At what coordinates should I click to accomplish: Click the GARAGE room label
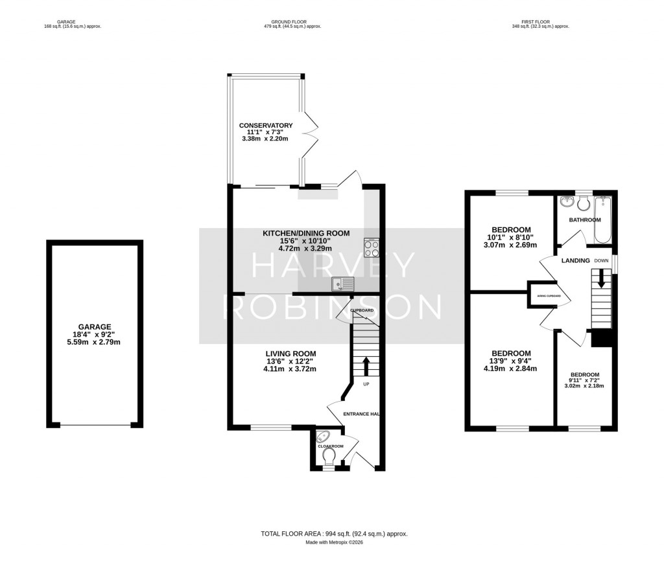[95, 326]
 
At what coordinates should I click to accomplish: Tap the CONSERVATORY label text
[266, 125]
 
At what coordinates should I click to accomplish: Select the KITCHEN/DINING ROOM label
[305, 233]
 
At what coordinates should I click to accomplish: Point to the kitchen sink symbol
[342, 283]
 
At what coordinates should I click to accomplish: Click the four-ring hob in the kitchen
[372, 248]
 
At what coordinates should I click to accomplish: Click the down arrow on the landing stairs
[601, 280]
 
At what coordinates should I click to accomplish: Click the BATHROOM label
[585, 220]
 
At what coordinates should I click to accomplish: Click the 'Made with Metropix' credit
[334, 542]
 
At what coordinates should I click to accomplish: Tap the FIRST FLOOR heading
[539, 21]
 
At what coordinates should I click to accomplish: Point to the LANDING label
[575, 260]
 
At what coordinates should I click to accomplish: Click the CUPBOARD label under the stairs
[362, 311]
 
